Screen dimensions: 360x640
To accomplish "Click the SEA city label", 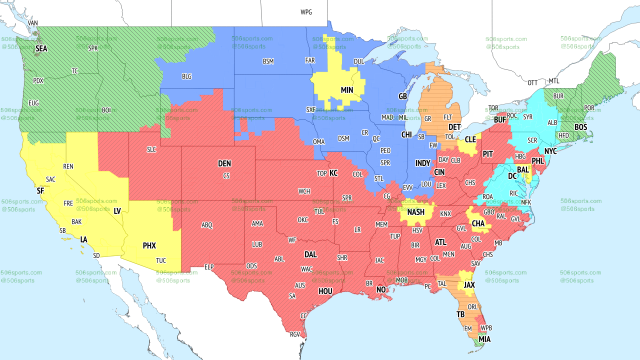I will click(41, 48).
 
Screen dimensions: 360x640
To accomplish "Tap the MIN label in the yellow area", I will click(347, 90).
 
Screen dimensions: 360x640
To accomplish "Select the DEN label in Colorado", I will click(224, 163).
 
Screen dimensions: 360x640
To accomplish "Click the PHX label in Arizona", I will click(149, 245).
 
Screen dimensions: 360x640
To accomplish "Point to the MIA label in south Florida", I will click(484, 339).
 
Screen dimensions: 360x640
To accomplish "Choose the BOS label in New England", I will click(580, 127).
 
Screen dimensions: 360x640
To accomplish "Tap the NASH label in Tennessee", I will click(415, 212).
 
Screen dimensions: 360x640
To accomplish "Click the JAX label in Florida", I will click(469, 284).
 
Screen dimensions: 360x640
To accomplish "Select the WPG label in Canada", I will click(306, 12).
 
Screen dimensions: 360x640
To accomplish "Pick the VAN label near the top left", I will click(33, 23).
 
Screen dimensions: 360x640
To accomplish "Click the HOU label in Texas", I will click(325, 291).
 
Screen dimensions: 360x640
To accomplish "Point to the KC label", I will click(333, 173).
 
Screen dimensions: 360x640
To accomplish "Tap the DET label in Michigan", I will click(454, 127).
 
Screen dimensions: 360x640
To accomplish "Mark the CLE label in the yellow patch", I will click(470, 139).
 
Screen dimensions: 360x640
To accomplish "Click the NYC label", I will click(550, 150).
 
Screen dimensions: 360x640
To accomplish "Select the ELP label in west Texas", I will click(209, 267).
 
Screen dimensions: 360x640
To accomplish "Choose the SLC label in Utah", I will click(151, 149).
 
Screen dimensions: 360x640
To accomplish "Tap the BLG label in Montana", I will click(186, 76).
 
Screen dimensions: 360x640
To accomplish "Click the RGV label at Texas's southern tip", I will click(294, 334).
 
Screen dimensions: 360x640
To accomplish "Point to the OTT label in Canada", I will click(532, 82).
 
